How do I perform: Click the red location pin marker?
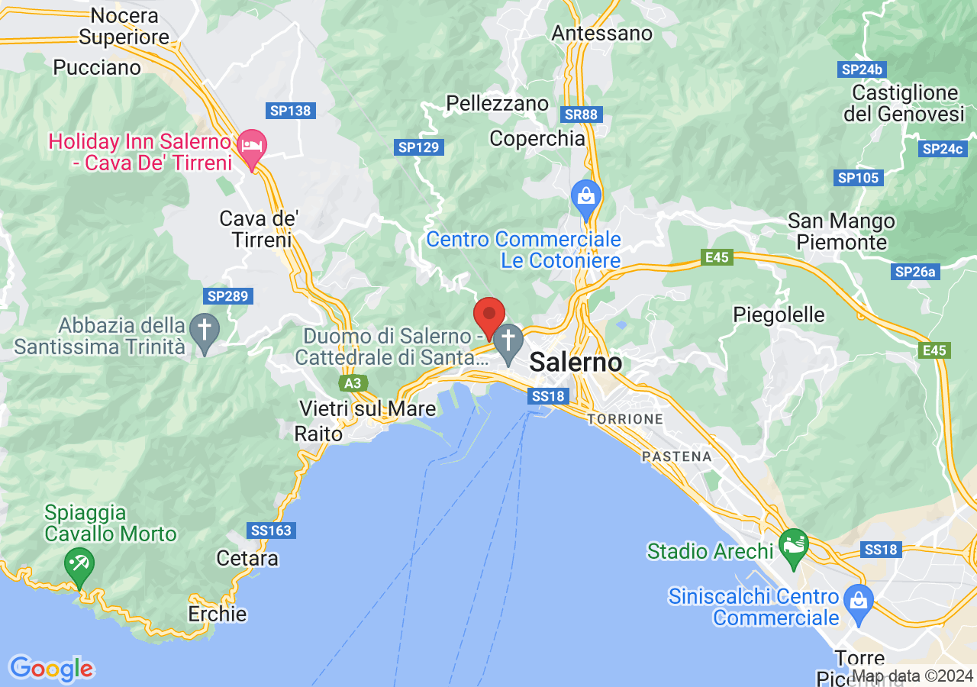tap(489, 315)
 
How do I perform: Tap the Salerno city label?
tap(576, 362)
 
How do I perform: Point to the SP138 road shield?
tap(291, 111)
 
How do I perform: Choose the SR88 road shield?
tap(582, 114)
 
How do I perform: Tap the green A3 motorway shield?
tap(353, 382)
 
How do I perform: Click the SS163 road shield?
tap(271, 530)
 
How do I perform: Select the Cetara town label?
tap(247, 558)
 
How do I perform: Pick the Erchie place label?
tap(218, 614)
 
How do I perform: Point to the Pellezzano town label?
tap(498, 103)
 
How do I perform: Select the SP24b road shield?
tap(862, 69)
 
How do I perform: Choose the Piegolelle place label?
tap(779, 314)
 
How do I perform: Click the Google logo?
tap(51, 669)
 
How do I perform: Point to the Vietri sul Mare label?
tap(368, 408)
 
